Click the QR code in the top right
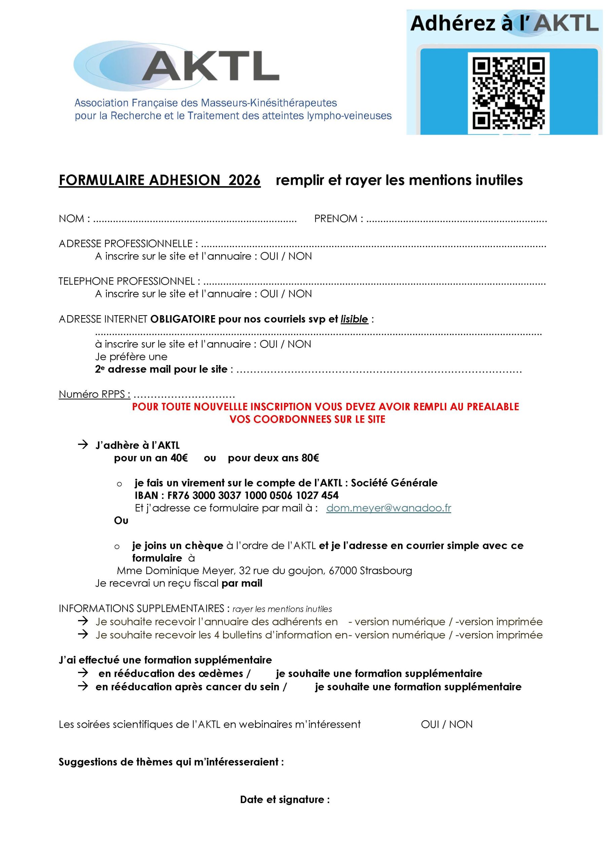point(508,93)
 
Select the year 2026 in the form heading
point(244,180)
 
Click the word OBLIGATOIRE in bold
point(183,319)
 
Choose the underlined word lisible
point(354,319)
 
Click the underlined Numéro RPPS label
point(95,394)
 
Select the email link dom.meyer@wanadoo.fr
point(388,508)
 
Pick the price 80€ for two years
point(310,458)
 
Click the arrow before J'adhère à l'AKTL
point(82,445)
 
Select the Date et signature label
point(285,800)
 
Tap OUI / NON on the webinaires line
point(446,724)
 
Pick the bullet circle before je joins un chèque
point(117,546)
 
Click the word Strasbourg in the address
point(386,571)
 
